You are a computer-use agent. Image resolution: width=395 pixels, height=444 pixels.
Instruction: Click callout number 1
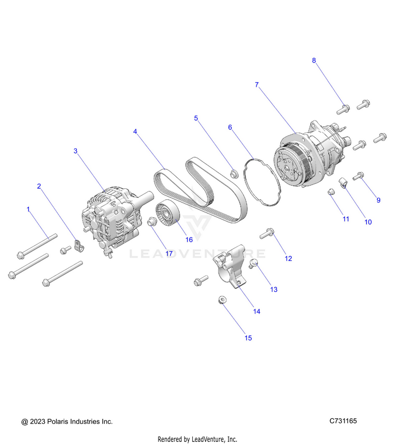click(28, 209)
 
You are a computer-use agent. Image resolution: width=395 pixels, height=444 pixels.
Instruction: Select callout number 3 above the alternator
click(75, 151)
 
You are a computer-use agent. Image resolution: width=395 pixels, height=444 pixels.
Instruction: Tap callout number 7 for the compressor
click(256, 85)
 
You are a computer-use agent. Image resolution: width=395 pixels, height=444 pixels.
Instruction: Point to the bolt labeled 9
click(359, 177)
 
